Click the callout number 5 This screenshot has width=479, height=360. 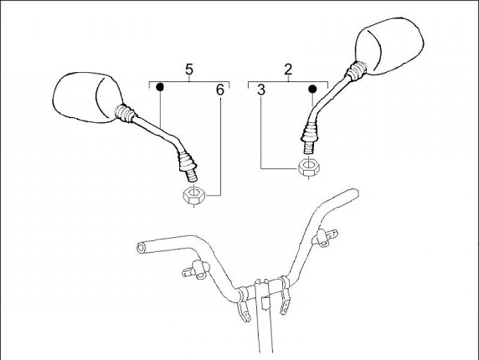pyautogui.click(x=190, y=69)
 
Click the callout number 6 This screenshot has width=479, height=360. pyautogui.click(x=220, y=89)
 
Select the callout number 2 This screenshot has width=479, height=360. pyautogui.click(x=288, y=69)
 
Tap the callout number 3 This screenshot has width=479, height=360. pyautogui.click(x=261, y=89)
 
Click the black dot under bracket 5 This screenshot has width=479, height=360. pyautogui.click(x=160, y=87)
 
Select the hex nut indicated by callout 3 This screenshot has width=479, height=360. pyautogui.click(x=307, y=167)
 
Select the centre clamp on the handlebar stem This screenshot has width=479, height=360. pyautogui.click(x=263, y=291)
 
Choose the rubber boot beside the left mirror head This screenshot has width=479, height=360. pyautogui.click(x=124, y=114)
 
